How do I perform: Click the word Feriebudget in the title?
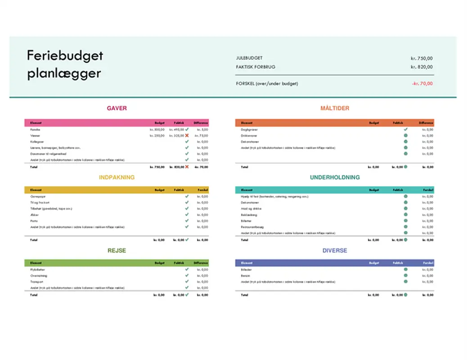[x=65, y=56]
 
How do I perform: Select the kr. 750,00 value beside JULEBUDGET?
[x=422, y=58]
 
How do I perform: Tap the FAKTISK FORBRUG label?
[x=256, y=67]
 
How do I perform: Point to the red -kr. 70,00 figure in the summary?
[x=422, y=83]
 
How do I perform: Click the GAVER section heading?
[x=117, y=108]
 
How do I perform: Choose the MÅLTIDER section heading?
[x=335, y=108]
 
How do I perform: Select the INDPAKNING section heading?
[x=117, y=177]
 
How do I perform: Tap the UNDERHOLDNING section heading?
[x=335, y=177]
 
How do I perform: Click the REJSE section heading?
[x=117, y=251]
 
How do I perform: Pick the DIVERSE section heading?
[x=335, y=251]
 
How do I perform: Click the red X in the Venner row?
[x=187, y=135]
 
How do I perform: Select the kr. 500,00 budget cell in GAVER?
[x=157, y=130]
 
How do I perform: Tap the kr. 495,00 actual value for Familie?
[x=176, y=130]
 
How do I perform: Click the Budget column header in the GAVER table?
[x=160, y=122]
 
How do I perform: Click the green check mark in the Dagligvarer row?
[x=405, y=130]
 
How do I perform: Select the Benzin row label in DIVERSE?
[x=245, y=275]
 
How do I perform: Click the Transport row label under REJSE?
[x=36, y=282]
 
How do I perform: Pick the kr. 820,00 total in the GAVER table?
[x=176, y=167]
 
